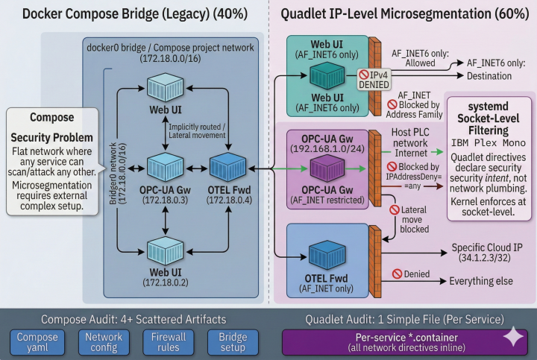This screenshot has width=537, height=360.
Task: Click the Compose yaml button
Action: (x=37, y=342)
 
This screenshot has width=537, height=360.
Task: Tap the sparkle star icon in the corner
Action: (x=513, y=337)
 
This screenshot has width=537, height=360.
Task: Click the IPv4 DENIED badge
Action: (x=374, y=80)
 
